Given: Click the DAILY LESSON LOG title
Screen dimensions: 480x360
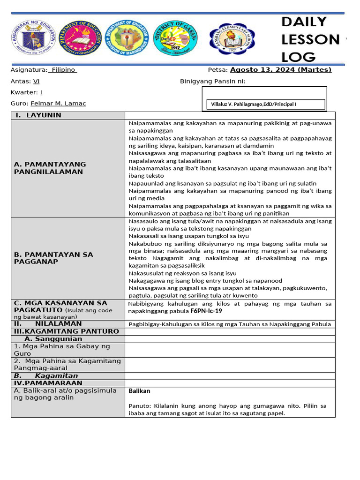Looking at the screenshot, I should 310,40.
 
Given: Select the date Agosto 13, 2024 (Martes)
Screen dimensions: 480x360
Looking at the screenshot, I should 280,70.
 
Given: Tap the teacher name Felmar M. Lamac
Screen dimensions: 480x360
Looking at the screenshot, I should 58,104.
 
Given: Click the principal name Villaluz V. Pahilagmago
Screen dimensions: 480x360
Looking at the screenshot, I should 251,104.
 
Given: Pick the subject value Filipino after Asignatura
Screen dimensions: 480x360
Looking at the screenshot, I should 63,70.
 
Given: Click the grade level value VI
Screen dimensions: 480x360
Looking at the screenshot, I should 36,81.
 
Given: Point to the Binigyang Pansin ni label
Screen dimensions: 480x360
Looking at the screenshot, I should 212,82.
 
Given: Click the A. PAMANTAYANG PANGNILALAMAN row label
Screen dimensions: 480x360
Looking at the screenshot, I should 50,168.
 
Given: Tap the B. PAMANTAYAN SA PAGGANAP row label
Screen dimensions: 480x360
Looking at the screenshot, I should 53,258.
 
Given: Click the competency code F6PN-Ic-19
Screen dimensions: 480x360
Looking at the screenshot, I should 206,311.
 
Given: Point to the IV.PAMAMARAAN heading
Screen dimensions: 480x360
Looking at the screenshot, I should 48,383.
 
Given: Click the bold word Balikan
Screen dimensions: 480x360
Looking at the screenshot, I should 139,391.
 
